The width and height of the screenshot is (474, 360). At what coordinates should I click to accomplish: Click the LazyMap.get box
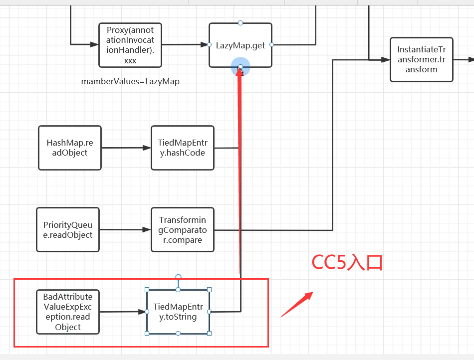tap(240, 45)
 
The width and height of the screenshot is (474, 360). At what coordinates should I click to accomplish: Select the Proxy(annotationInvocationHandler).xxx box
tap(130, 45)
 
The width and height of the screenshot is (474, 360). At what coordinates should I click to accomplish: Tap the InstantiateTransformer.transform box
tap(421, 59)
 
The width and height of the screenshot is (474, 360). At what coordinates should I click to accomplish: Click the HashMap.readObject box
tap(69, 148)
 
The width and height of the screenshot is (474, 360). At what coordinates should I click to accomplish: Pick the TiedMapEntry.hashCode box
tap(182, 148)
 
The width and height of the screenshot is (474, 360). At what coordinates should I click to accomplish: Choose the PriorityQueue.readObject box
tap(67, 229)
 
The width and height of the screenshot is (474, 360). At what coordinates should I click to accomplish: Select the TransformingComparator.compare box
tap(182, 229)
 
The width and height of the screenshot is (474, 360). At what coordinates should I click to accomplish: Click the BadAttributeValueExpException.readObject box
tap(67, 312)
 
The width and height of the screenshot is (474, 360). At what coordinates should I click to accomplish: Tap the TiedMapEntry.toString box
tap(178, 312)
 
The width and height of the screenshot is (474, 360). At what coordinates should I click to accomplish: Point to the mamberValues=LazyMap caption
tap(130, 81)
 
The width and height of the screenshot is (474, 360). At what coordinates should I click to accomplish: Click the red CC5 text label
tap(347, 262)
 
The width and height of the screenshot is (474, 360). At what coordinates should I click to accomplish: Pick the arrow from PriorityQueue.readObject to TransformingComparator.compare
tap(125, 229)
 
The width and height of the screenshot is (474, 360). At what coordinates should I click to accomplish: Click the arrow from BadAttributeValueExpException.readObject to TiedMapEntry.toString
tap(122, 312)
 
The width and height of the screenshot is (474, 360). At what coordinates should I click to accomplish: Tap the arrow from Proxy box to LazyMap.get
tap(185, 45)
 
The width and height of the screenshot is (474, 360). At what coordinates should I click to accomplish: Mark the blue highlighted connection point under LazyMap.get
tap(240, 67)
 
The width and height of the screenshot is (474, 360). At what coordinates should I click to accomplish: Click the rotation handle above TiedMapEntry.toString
tap(178, 277)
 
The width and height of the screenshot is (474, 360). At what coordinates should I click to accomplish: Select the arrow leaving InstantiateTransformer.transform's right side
tap(464, 59)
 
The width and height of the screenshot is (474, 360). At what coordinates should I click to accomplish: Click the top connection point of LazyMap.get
tap(240, 23)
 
